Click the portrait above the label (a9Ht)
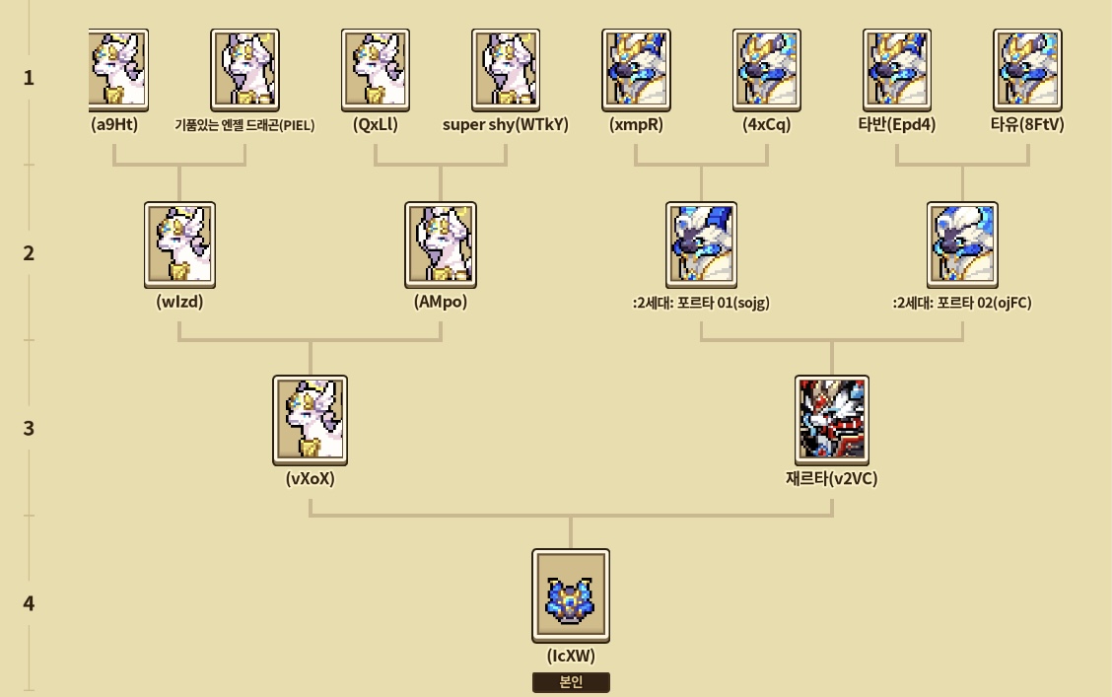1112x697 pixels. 118,70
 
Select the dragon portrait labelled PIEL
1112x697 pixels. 244,70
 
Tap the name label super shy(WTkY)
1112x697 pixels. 506,125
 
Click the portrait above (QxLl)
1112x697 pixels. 376,70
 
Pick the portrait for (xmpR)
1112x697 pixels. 636,70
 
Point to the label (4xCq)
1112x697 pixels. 767,125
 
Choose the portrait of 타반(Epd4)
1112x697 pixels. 897,70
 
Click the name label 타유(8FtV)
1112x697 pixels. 1027,125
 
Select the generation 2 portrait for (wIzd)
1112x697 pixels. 179,245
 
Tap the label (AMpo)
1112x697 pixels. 441,302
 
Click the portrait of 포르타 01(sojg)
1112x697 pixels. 701,245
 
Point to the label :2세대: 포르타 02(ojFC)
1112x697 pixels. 962,303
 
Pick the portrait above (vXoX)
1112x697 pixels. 310,421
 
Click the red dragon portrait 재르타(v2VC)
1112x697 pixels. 832,421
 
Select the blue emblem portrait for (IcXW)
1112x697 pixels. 571,595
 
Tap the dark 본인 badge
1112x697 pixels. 571,682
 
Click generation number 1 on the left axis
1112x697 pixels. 29,77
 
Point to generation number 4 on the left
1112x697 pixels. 29,603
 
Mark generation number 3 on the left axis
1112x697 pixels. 29,428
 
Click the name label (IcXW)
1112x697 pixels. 571,656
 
